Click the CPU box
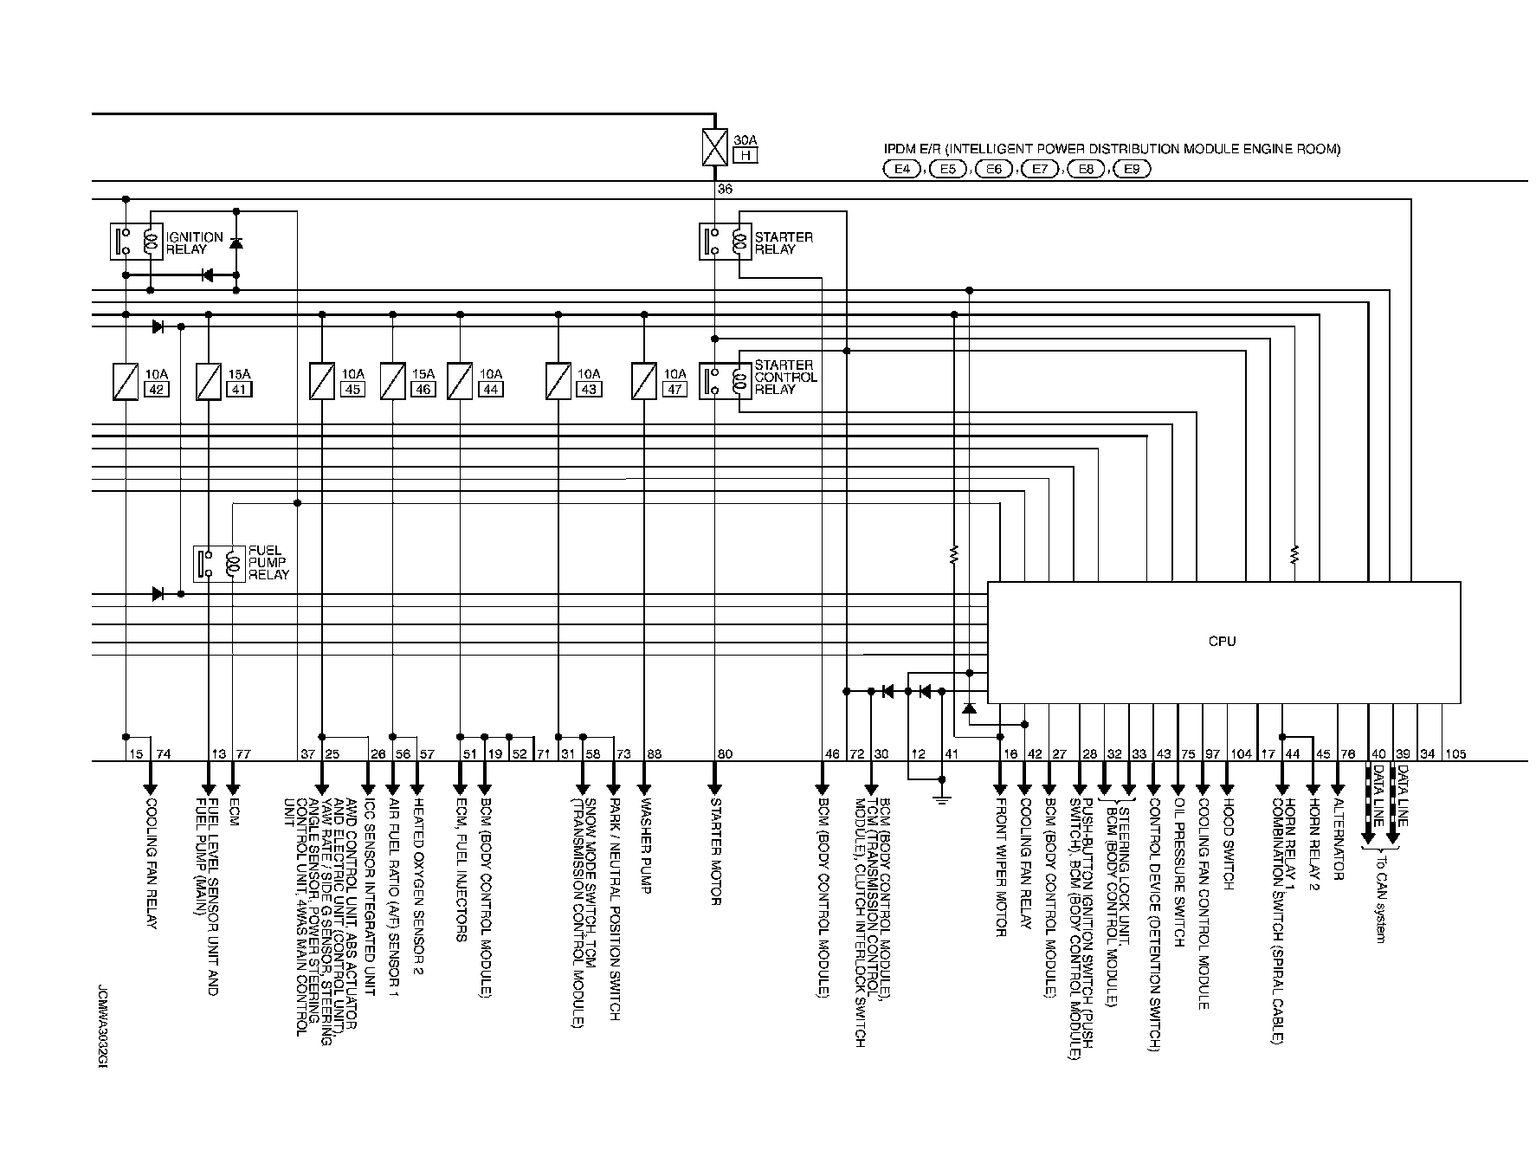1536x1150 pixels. pos(1223,642)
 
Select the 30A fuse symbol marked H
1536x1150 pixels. pos(714,147)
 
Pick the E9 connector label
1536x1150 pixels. pos(1131,170)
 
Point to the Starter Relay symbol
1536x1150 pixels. pos(726,242)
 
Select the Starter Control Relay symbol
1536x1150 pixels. pos(726,380)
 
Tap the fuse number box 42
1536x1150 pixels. pos(157,389)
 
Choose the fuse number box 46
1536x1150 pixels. pos(423,389)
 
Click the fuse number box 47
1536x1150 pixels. pos(675,389)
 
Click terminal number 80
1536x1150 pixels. pos(725,754)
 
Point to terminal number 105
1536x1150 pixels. pos(1455,754)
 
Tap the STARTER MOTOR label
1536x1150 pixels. pos(715,857)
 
